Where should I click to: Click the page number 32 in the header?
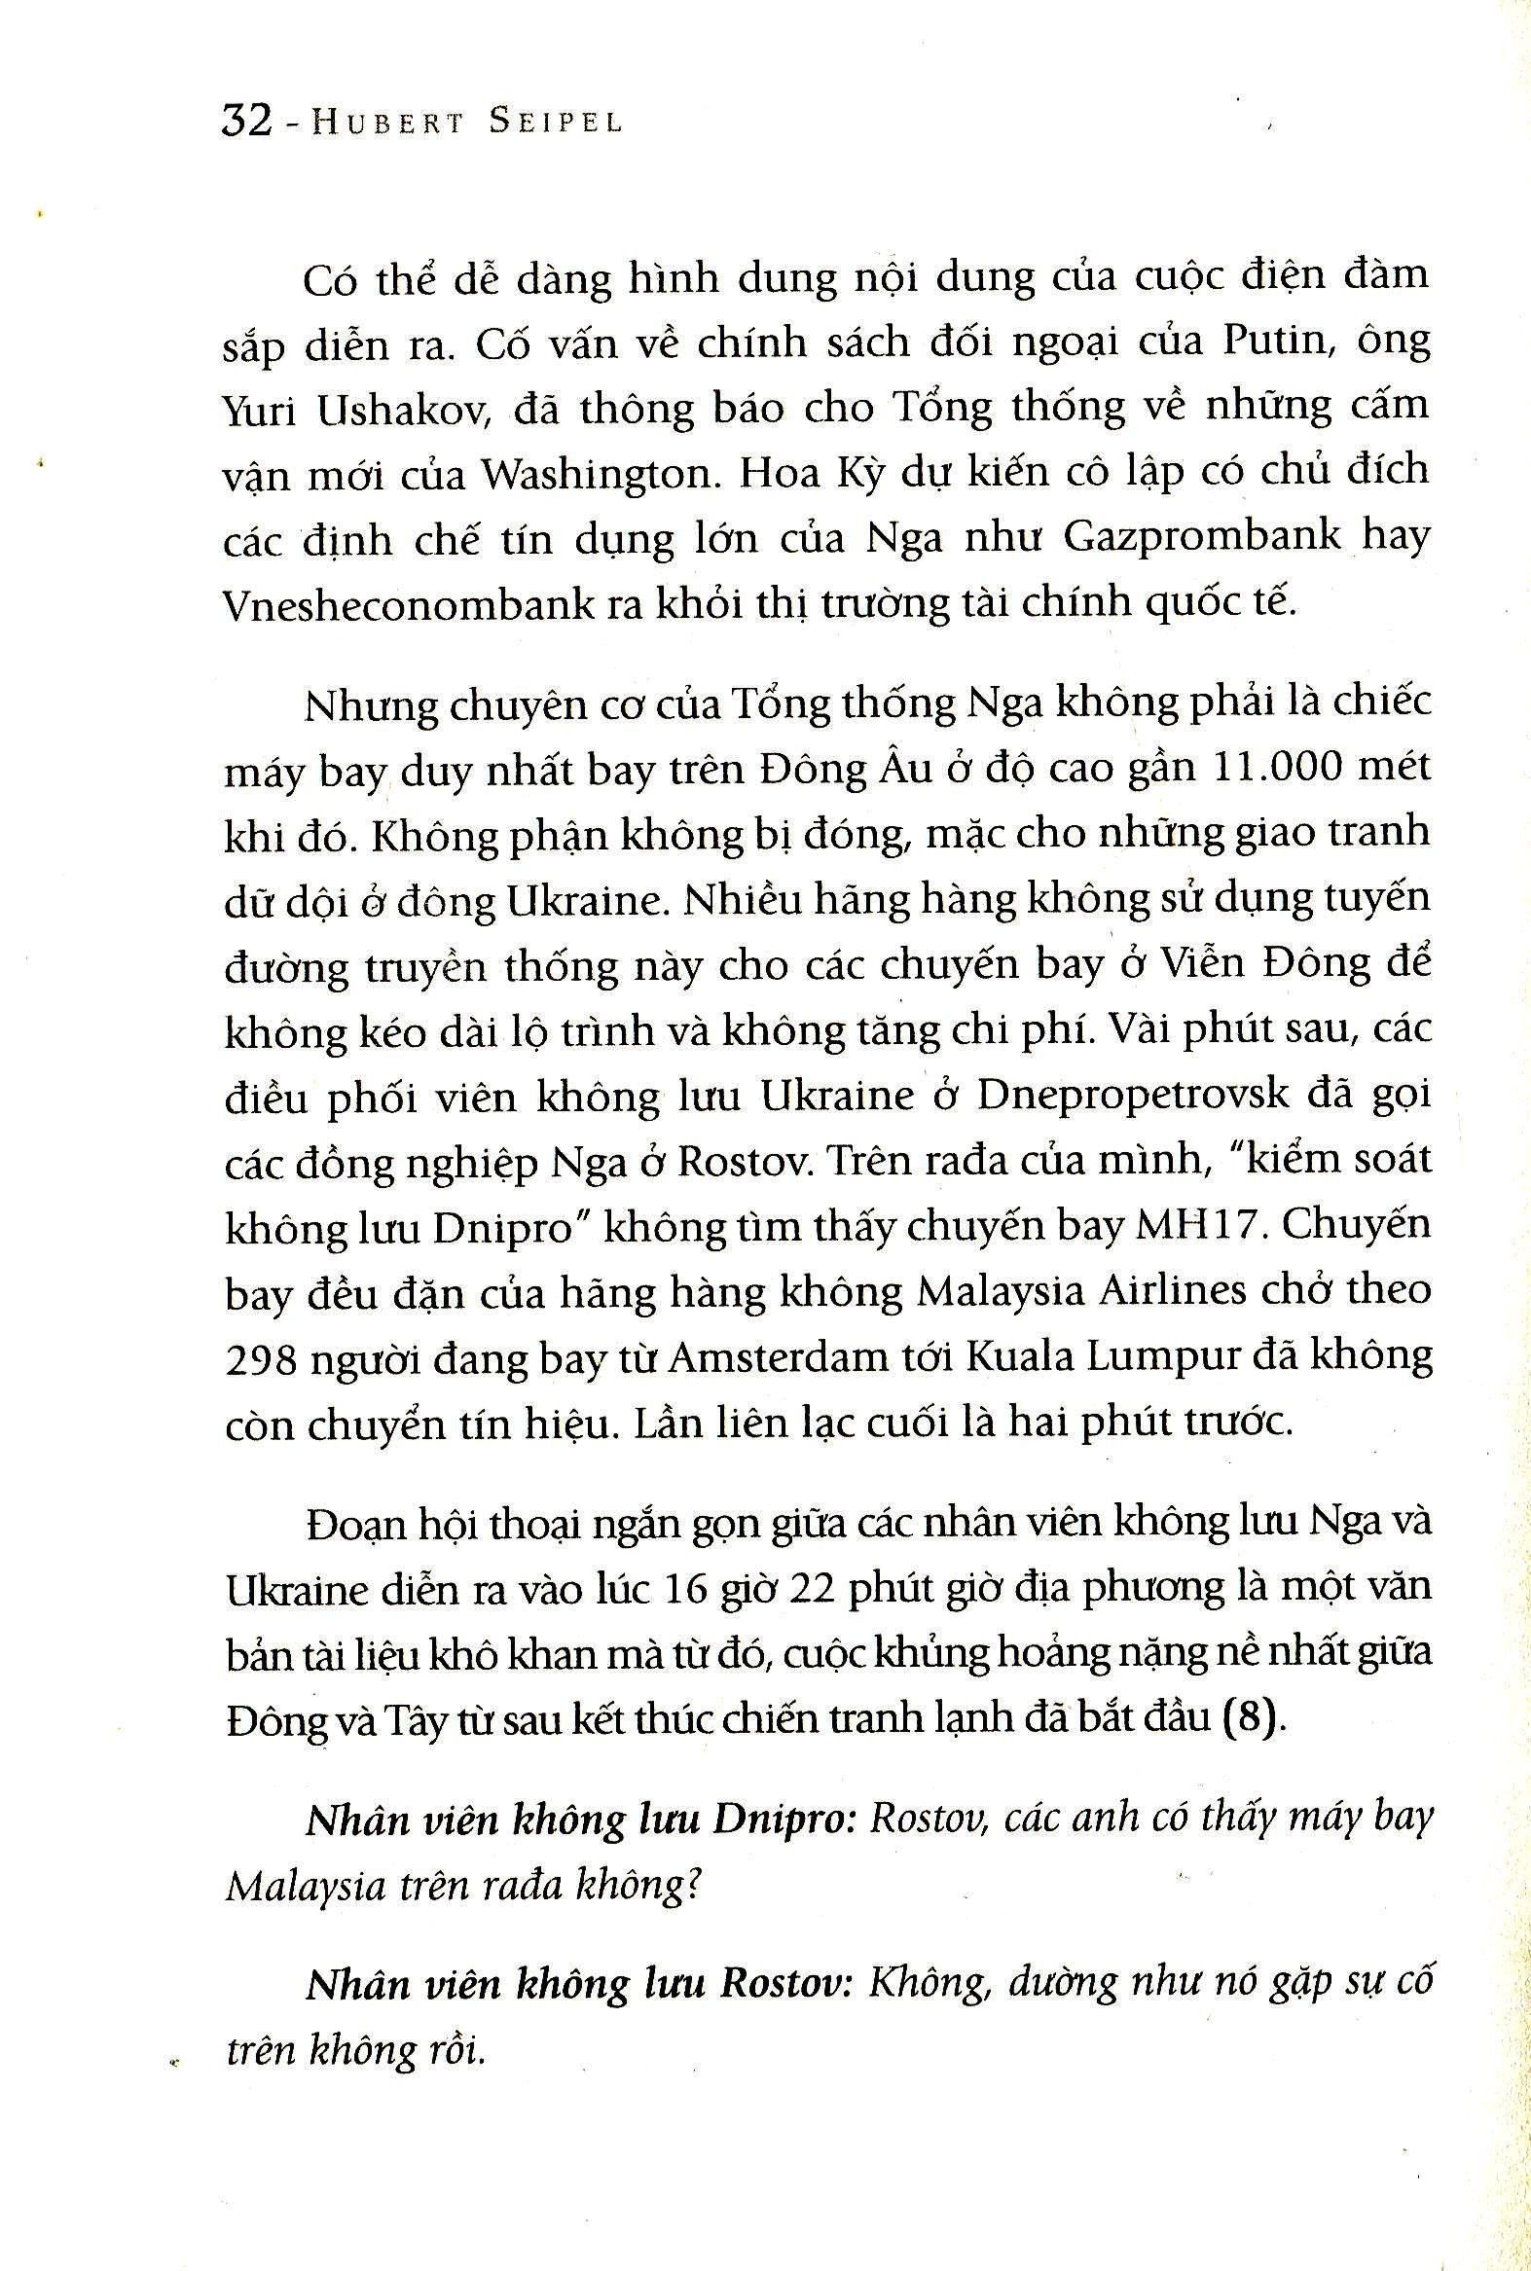(x=246, y=122)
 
